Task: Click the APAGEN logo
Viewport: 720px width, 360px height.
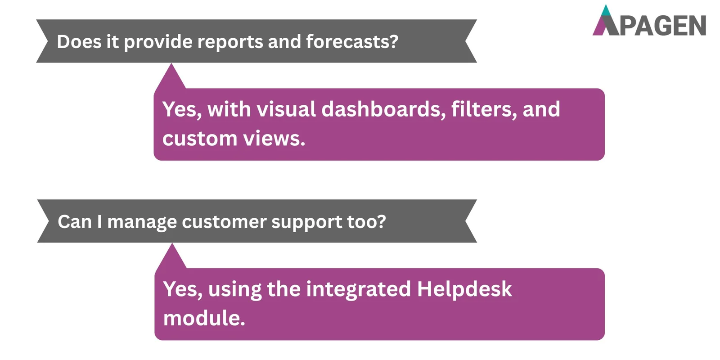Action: coord(649,21)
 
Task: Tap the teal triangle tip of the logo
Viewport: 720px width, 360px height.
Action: coord(606,11)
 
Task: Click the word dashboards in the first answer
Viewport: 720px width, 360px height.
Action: coord(383,109)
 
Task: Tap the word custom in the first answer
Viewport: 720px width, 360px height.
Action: coord(199,139)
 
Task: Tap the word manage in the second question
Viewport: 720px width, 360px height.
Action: coord(142,222)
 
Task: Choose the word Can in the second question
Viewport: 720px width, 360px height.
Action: coord(75,222)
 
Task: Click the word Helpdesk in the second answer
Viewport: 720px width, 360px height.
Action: coord(464,289)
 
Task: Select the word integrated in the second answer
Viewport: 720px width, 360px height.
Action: coord(358,289)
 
